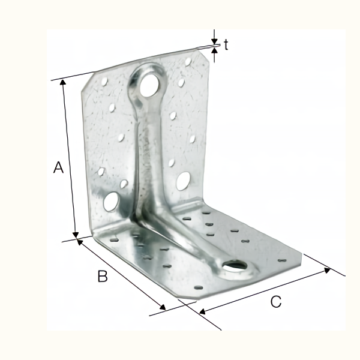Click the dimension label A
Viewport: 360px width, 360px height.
coord(58,167)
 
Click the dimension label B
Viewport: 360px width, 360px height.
coord(103,277)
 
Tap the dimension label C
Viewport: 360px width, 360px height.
coord(275,302)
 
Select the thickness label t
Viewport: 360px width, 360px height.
coord(226,44)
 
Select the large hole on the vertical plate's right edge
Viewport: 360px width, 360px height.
coord(184,179)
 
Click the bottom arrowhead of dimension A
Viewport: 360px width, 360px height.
coord(76,235)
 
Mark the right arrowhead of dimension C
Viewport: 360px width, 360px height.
coord(327,269)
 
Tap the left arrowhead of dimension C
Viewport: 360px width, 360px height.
coord(202,311)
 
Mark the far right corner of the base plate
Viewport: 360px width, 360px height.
coord(298,259)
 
